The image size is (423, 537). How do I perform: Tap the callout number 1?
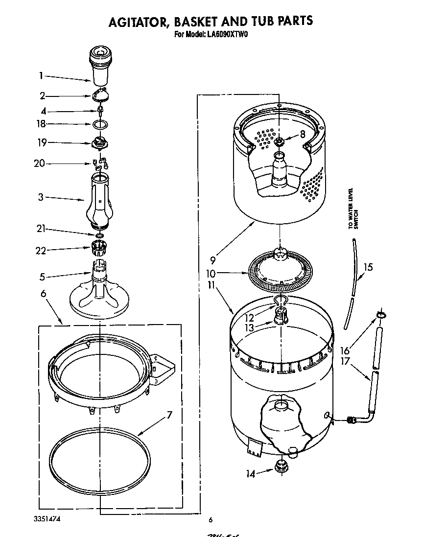coord(42,75)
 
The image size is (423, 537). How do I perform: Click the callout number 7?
coord(169,416)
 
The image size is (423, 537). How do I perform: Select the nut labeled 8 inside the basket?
coord(280,142)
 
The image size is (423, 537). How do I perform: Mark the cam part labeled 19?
coord(100,143)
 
